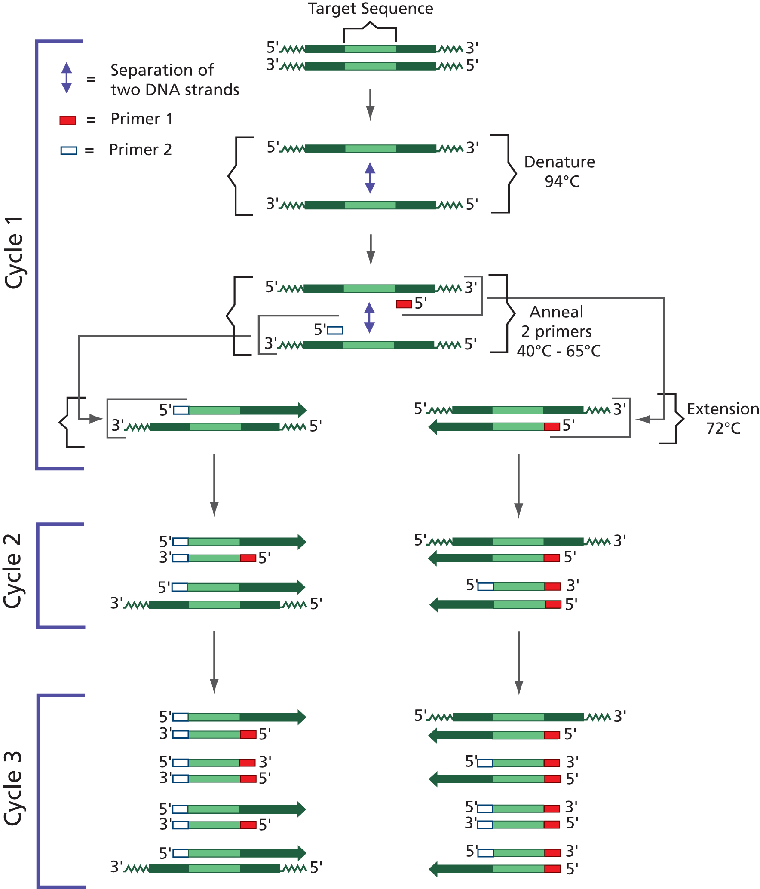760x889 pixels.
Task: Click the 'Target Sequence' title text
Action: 371,9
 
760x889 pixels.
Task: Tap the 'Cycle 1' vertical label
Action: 14,253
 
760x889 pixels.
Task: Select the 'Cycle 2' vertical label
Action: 13,571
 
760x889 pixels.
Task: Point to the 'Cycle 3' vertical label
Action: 13,788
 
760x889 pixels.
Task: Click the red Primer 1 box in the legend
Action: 67,120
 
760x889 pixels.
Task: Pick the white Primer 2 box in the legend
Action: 69,150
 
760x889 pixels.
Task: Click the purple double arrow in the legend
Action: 67,78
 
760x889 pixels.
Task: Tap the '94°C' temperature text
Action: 562,181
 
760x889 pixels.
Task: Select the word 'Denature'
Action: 560,162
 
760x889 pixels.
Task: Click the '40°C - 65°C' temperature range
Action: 558,351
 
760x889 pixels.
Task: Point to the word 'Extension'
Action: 723,409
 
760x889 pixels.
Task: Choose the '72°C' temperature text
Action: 723,428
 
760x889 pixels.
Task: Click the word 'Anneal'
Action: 556,312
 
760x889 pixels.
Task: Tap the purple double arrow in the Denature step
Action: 370,178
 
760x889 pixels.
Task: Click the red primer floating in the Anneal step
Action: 404,304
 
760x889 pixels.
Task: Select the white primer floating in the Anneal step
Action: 335,330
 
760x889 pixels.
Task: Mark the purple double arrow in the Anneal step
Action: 369,318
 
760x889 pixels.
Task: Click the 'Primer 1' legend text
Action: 142,119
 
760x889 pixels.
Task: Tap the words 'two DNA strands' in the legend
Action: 175,90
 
